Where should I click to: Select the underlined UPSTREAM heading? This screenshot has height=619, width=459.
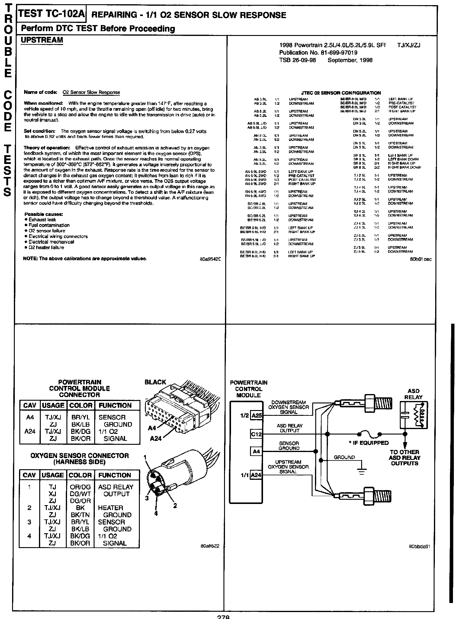click(x=42, y=40)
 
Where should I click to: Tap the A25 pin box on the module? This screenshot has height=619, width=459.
click(x=257, y=415)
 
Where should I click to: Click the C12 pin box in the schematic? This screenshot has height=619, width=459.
click(x=256, y=434)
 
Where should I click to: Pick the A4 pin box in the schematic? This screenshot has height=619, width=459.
click(x=256, y=452)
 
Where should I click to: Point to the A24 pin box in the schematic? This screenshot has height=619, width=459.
click(x=256, y=475)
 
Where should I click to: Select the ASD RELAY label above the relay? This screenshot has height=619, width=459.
click(x=413, y=394)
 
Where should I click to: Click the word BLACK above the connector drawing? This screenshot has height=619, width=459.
click(x=155, y=382)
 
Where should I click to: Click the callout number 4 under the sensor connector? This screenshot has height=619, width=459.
click(x=156, y=513)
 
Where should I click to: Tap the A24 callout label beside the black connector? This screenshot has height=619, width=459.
click(x=156, y=438)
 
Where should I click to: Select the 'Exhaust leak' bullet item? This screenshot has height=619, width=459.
click(x=42, y=220)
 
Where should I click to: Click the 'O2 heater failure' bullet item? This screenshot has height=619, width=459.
click(x=46, y=248)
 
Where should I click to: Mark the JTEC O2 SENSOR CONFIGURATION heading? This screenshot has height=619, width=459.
click(x=341, y=93)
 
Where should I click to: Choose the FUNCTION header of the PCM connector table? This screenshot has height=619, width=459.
click(x=115, y=406)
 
